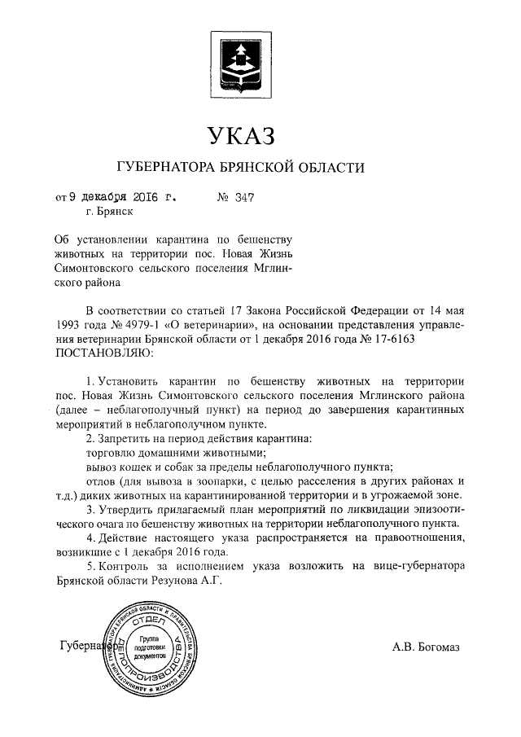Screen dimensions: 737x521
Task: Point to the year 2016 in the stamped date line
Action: click(147, 196)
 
